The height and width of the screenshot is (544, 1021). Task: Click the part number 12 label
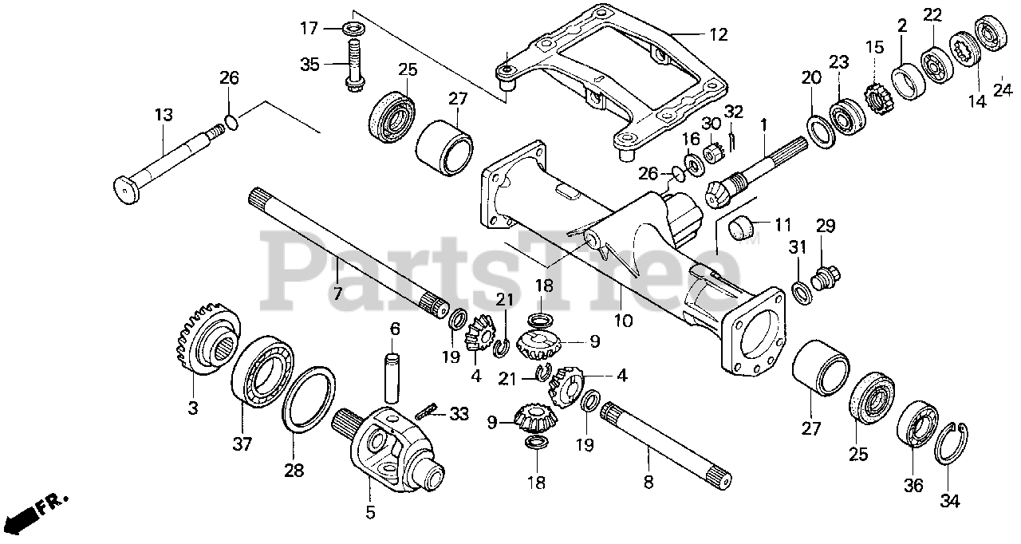coord(719,34)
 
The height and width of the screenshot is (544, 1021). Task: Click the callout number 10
coord(623,321)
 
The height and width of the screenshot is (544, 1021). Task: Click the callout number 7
coord(337,294)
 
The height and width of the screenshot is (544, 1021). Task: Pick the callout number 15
coord(875,47)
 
